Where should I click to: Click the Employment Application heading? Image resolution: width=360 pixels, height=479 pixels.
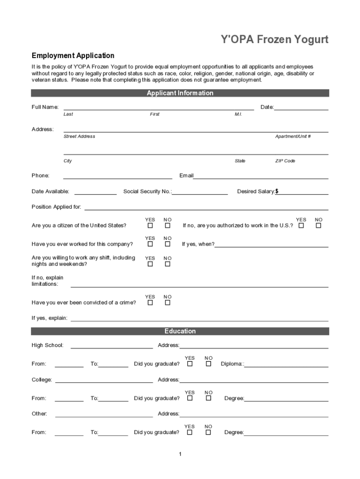[x=72, y=56]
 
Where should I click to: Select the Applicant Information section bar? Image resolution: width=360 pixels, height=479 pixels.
[x=180, y=93]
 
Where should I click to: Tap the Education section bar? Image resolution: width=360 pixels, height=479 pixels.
[x=180, y=331]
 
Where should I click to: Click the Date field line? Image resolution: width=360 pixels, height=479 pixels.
[x=301, y=107]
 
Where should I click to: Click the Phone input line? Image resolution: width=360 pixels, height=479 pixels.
[x=117, y=175]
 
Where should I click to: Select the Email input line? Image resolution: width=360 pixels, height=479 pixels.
[x=260, y=175]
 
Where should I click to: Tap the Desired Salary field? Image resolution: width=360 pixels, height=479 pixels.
[x=303, y=191]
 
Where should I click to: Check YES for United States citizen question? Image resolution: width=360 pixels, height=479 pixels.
[x=150, y=225]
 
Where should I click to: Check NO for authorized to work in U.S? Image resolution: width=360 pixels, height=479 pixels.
[x=318, y=225]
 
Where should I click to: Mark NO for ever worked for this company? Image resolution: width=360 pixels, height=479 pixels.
[x=167, y=244]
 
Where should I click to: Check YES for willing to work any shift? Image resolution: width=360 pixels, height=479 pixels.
[x=150, y=264]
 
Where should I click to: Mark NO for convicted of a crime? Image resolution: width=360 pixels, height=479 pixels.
[x=167, y=303]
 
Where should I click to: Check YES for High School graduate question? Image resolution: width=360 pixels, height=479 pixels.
[x=190, y=363]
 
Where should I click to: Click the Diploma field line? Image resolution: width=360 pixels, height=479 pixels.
[x=286, y=364]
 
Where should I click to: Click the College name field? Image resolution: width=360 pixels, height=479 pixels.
[x=104, y=380]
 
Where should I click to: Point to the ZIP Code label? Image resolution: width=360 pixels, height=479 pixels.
[x=285, y=161]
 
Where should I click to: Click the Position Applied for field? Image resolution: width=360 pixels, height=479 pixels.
[x=206, y=207]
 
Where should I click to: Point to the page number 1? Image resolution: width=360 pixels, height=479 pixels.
[x=180, y=454]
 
